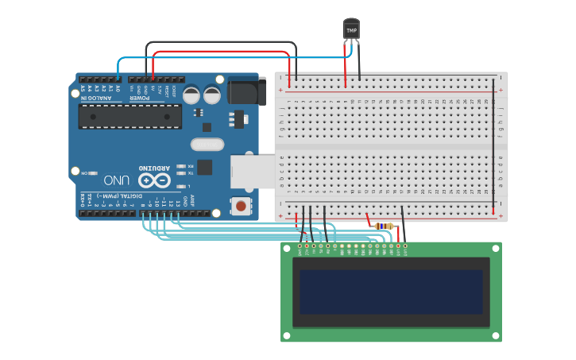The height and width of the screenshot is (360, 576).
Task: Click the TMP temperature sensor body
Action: (351, 29)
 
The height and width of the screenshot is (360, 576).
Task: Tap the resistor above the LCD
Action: (384, 226)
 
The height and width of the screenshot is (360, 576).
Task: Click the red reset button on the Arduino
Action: (240, 206)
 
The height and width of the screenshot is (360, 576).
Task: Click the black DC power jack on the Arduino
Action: (246, 91)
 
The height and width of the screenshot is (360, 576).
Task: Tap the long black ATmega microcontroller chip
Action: (130, 116)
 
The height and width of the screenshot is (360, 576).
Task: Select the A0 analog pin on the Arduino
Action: (118, 79)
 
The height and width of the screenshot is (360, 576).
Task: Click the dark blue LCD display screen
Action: (390, 292)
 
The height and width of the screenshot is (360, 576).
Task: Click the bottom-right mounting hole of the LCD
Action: (496, 337)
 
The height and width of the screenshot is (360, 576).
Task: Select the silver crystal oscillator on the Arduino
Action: (207, 144)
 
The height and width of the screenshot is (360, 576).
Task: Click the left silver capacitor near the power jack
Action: (192, 95)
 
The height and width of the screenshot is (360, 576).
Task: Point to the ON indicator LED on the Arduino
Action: (94, 172)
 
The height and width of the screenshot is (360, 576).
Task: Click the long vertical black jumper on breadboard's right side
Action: (493, 143)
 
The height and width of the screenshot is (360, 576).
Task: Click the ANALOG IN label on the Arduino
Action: (100, 89)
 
